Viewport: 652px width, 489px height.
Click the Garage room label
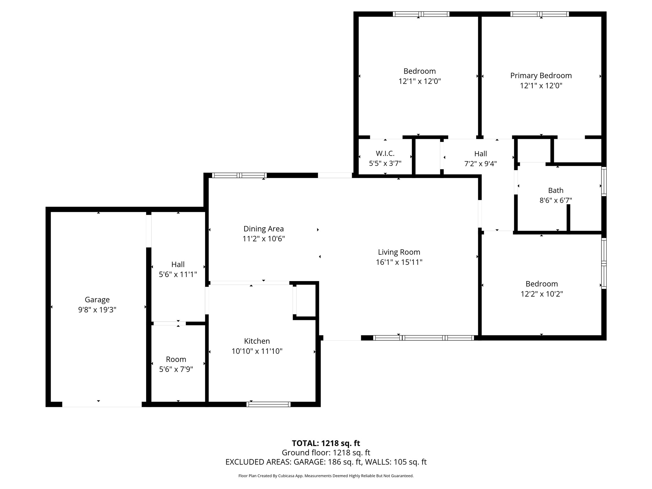(97, 300)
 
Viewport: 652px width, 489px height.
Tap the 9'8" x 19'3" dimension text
(97, 310)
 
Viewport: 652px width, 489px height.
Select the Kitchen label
(257, 341)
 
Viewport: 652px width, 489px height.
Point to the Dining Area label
(263, 229)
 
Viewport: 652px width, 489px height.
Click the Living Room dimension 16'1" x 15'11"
(399, 262)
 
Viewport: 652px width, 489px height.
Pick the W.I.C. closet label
(385, 153)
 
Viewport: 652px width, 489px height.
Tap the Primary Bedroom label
(541, 75)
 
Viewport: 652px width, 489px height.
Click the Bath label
(556, 190)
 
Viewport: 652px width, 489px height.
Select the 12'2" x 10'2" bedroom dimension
(542, 294)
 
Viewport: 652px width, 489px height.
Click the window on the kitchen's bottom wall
(268, 404)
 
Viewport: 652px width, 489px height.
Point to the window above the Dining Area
(239, 175)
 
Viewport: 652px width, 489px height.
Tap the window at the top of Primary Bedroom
(540, 14)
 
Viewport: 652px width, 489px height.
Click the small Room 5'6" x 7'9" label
(176, 359)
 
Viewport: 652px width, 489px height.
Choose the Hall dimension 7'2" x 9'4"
(480, 164)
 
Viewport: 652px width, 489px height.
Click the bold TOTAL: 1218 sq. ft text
(326, 443)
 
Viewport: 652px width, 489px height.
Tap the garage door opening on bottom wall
(102, 404)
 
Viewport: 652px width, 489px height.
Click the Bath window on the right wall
(604, 181)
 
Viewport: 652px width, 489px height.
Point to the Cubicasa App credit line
(326, 476)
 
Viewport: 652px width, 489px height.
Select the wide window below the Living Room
(423, 338)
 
